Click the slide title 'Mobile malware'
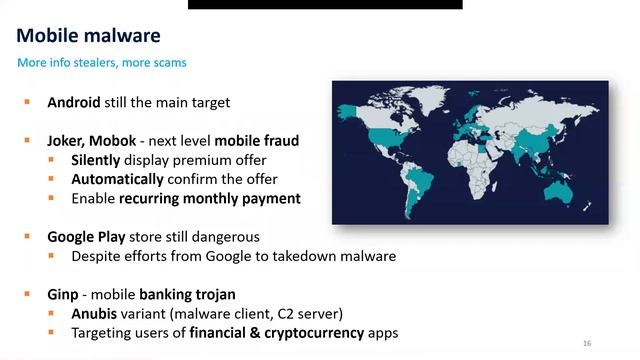pyautogui.click(x=89, y=36)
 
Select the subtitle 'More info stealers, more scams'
pyautogui.click(x=102, y=63)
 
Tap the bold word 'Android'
pyautogui.click(x=74, y=102)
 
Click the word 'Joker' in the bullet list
pyautogui.click(x=66, y=141)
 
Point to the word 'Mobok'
pyautogui.click(x=119, y=141)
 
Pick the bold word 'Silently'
pyautogui.click(x=99, y=160)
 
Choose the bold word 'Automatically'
pyautogui.click(x=117, y=179)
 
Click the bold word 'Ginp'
pyautogui.click(x=65, y=295)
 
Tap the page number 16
pyautogui.click(x=586, y=343)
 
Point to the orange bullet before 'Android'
pyautogui.click(x=28, y=102)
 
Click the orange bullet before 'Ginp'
pyautogui.click(x=28, y=295)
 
